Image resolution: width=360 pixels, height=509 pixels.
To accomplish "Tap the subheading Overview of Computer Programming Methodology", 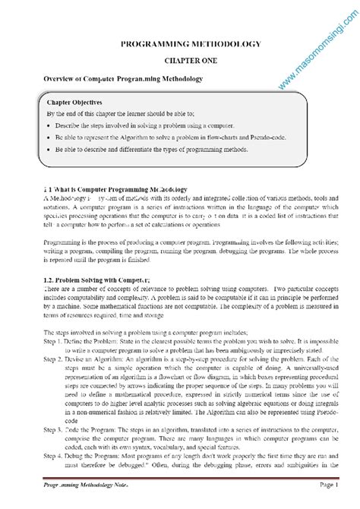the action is (122, 78).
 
